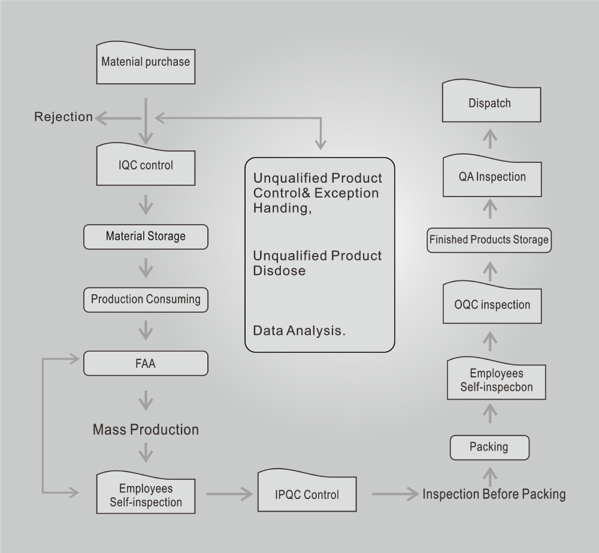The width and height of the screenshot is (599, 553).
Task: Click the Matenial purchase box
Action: (x=146, y=62)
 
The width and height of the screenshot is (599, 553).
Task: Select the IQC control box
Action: (x=146, y=165)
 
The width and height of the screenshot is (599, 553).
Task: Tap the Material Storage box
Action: (x=146, y=236)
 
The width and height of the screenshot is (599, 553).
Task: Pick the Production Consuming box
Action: (x=146, y=299)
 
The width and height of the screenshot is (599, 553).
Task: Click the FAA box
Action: (x=146, y=363)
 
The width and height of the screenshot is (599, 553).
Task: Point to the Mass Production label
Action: (x=146, y=430)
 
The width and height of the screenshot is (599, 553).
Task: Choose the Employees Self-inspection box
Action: (x=146, y=494)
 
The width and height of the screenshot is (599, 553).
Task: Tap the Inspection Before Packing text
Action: (x=494, y=494)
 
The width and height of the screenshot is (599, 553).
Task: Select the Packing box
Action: (x=489, y=447)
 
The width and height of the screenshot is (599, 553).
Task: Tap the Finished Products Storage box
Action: (x=489, y=240)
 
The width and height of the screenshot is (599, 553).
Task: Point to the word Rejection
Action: (x=63, y=117)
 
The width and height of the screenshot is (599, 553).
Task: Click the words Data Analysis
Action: (x=299, y=330)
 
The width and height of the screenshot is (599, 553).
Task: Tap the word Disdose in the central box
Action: (x=279, y=271)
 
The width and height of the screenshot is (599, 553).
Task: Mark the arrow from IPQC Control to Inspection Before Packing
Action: (x=394, y=494)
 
